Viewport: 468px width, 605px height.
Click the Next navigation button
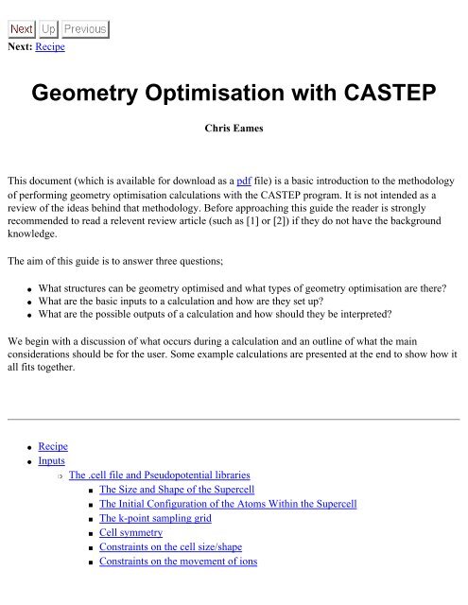click(22, 29)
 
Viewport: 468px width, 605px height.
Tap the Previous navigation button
click(85, 29)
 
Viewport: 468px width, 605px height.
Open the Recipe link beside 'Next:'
click(49, 45)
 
